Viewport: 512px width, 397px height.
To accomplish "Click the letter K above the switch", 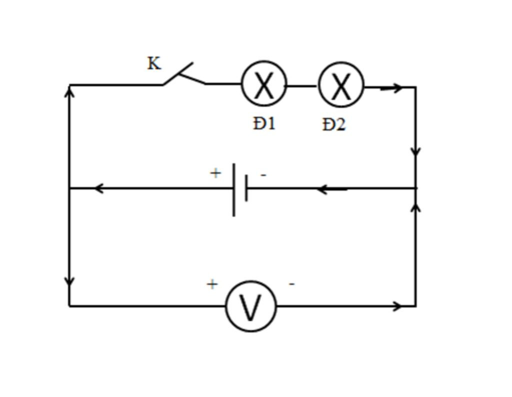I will pos(154,64).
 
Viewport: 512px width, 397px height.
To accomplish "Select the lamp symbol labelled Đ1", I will pos(264,84).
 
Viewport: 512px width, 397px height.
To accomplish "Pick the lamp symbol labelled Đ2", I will pos(341,85).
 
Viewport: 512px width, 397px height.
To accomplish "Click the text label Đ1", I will pos(264,123).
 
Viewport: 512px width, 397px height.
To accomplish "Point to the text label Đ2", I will pos(333,125).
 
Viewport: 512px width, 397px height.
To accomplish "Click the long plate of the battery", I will pos(234,189).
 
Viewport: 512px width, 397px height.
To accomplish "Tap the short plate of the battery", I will pos(246,188).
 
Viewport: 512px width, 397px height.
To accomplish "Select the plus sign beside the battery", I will pos(215,173).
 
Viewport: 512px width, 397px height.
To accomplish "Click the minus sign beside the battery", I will pos(263,175).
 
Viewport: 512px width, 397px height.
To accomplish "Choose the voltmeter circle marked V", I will pos(251,306).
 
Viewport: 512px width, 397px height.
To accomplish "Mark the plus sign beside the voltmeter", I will pos(212,284).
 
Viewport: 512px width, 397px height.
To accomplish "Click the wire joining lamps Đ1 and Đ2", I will pos(302,86).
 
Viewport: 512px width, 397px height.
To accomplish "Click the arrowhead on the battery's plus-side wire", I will pos(99,188).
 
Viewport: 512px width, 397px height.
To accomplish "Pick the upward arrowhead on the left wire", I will pos(70,91).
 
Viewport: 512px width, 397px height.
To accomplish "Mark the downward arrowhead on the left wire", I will pos(70,281).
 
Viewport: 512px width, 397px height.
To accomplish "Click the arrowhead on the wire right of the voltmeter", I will pos(397,306).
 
